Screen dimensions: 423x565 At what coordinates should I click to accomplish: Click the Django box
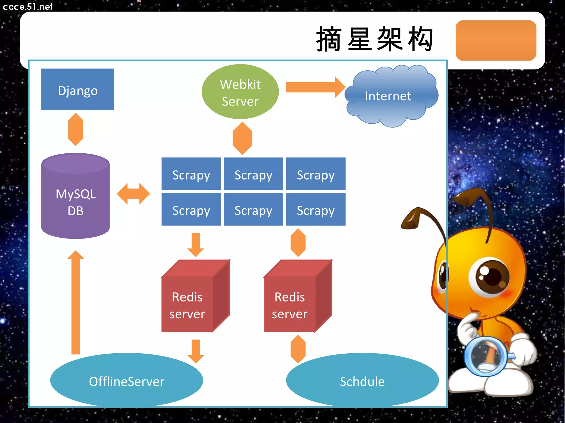(x=78, y=89)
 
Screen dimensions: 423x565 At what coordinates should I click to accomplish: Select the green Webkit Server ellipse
(x=240, y=92)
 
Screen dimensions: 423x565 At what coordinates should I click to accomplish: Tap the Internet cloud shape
(x=389, y=96)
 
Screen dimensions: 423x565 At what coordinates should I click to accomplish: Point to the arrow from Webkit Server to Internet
(x=315, y=87)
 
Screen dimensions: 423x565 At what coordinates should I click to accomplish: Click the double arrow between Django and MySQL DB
(x=75, y=129)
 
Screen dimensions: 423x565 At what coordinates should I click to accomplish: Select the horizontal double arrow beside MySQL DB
(x=133, y=194)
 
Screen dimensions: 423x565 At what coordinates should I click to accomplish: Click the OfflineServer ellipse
(x=126, y=381)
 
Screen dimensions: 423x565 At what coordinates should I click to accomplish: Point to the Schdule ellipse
(x=362, y=381)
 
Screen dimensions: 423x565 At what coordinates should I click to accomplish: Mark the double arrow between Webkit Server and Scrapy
(x=242, y=138)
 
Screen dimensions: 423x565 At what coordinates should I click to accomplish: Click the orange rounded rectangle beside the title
(x=496, y=40)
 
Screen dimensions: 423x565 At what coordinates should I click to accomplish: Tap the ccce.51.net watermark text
(x=28, y=6)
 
